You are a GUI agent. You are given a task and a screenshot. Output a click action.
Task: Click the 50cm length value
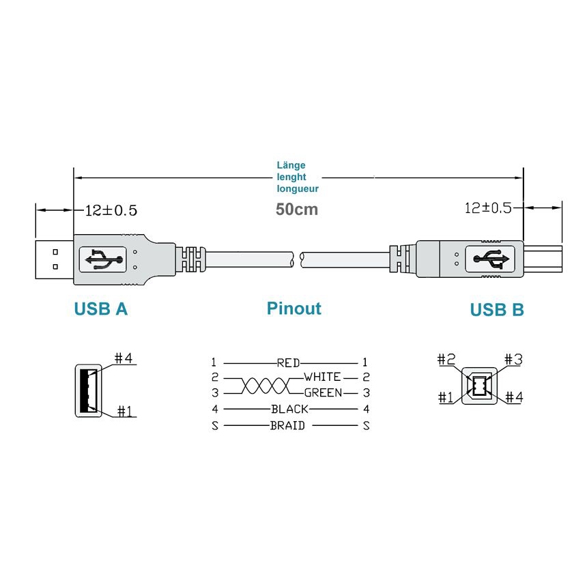coord(297,209)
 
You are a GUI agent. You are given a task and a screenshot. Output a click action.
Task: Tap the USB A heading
coord(101,309)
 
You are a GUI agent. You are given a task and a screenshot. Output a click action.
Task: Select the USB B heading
coord(497,310)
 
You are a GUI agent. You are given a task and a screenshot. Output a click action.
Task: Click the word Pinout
coord(294,309)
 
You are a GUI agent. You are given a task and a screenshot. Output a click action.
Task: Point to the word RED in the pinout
coord(288,362)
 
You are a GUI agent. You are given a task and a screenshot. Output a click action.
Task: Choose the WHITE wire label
coord(322,377)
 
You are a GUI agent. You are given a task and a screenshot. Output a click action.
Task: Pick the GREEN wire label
coord(324,392)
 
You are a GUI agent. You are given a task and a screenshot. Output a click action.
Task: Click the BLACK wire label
coord(290,409)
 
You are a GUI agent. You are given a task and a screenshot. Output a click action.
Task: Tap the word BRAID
coord(287,425)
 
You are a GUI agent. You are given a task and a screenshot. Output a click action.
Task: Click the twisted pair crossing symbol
coord(265,386)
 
